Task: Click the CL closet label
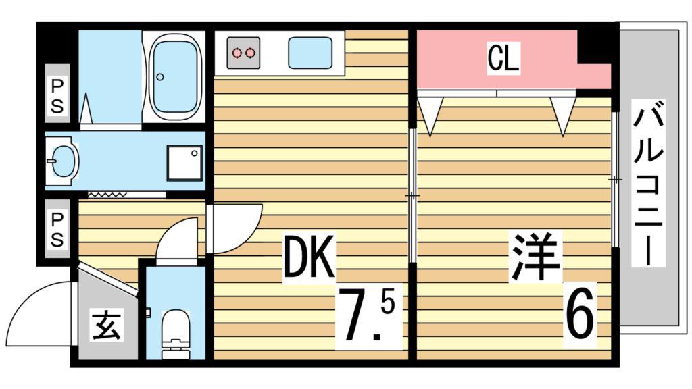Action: click(x=503, y=57)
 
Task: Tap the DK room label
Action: click(x=309, y=257)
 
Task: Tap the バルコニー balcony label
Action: click(x=648, y=182)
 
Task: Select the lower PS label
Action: click(x=57, y=230)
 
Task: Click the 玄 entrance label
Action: click(x=106, y=325)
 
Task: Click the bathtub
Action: click(x=175, y=78)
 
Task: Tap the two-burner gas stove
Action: click(x=243, y=53)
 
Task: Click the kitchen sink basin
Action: click(x=310, y=53)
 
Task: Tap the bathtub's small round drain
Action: click(x=160, y=77)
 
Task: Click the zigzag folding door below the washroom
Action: click(x=107, y=194)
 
